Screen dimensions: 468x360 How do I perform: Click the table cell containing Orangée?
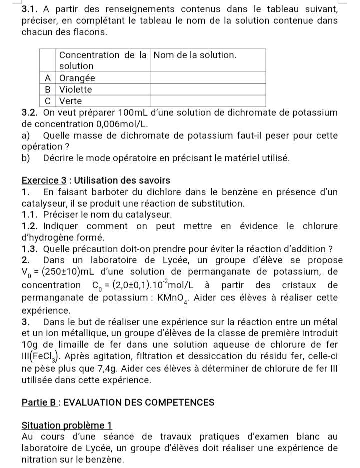point(77,78)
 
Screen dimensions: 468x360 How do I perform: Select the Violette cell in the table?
point(76,90)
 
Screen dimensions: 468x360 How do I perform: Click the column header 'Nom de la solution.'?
point(195,54)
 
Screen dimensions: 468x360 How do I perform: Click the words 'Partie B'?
point(40,402)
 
